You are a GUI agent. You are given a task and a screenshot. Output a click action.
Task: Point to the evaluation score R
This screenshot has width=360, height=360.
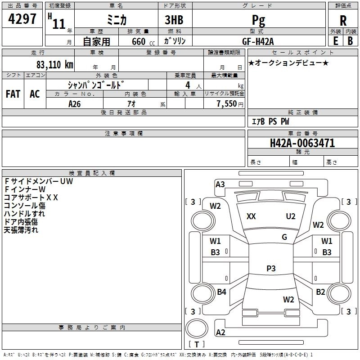(x=343, y=21)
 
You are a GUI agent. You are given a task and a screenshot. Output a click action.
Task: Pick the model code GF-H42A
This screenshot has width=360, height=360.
(x=258, y=41)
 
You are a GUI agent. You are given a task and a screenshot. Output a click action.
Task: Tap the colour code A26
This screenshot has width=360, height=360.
(x=75, y=103)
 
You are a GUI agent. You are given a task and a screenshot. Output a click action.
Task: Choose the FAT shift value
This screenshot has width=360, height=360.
(x=13, y=94)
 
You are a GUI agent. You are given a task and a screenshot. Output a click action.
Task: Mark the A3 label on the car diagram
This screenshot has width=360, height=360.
(x=220, y=184)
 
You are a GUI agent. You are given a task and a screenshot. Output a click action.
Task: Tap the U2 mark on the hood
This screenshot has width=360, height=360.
(x=291, y=216)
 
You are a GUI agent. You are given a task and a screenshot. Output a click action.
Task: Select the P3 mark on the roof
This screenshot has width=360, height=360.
(x=271, y=269)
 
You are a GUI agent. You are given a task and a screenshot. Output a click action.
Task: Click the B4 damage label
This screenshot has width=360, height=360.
(x=221, y=292)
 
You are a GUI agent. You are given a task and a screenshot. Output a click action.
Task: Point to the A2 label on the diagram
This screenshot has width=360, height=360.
(x=220, y=333)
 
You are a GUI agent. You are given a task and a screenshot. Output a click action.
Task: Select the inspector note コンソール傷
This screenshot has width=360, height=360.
(x=24, y=206)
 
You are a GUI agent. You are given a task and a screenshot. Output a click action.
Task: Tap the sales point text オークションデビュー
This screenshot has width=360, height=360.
(x=288, y=63)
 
